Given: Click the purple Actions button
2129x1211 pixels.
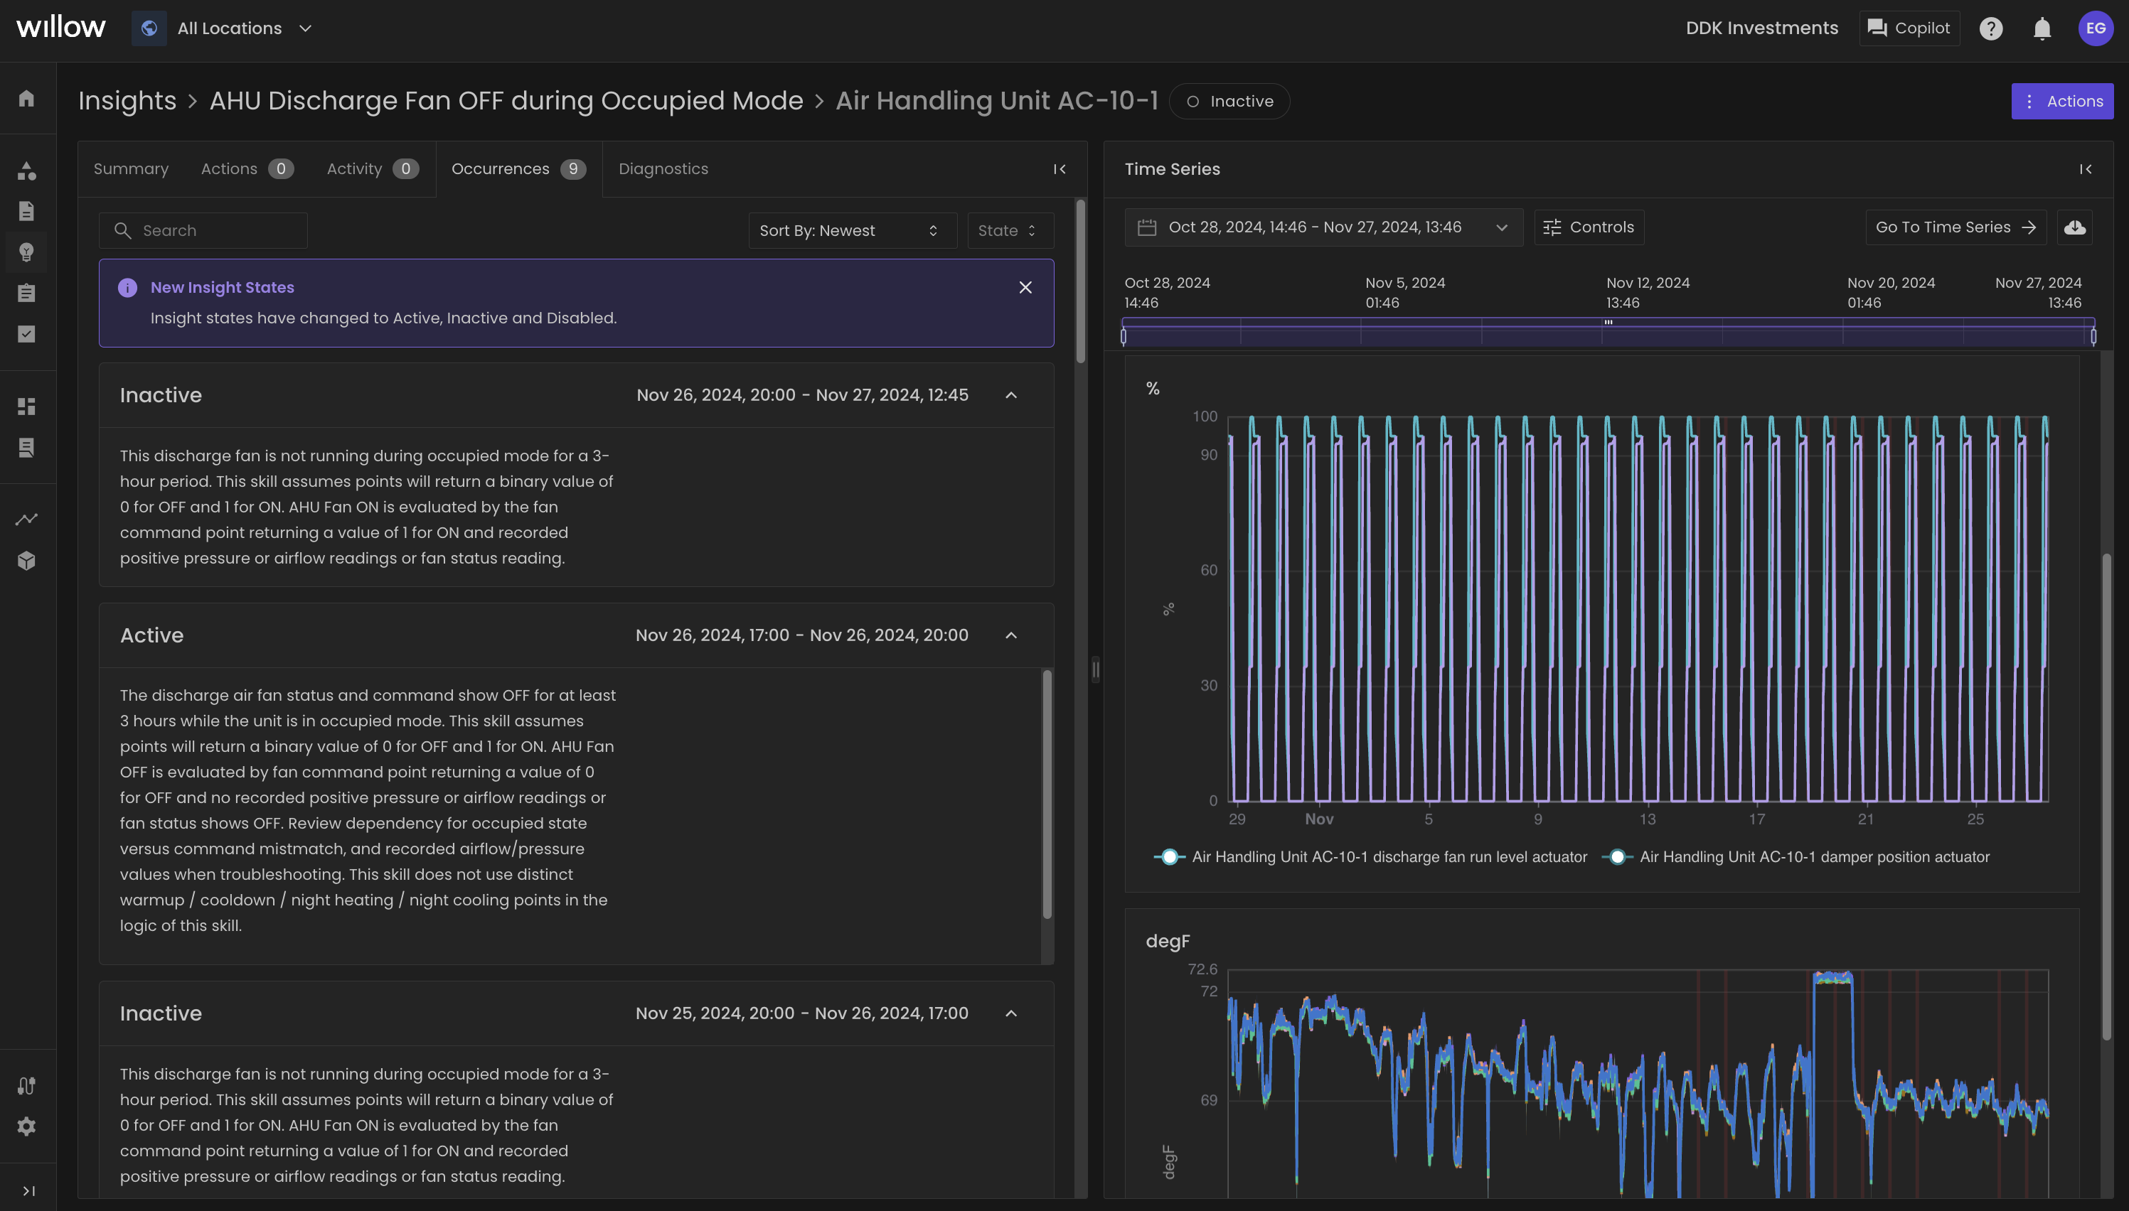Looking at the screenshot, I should [2061, 102].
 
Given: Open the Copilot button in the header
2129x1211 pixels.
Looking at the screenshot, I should [1909, 28].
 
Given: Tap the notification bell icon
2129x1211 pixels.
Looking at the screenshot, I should [2042, 29].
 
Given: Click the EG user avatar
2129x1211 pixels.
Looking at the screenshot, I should [2095, 28].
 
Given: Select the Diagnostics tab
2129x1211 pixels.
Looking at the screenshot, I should [663, 169].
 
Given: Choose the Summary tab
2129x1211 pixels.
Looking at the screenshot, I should [131, 169].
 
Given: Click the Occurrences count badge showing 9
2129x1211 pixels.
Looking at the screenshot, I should [572, 169].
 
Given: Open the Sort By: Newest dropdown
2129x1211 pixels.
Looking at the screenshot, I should [851, 230].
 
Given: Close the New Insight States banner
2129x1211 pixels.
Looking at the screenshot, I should [1025, 288].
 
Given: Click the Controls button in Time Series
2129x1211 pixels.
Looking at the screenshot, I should [1589, 227].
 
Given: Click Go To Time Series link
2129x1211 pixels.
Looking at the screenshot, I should [1954, 227].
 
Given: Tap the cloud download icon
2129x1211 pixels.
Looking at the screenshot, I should [2074, 227].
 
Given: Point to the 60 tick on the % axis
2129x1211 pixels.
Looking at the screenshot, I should [1208, 571].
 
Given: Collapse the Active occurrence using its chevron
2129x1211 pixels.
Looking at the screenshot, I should [1011, 635].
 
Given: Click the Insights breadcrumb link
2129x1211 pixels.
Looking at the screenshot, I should [127, 101].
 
